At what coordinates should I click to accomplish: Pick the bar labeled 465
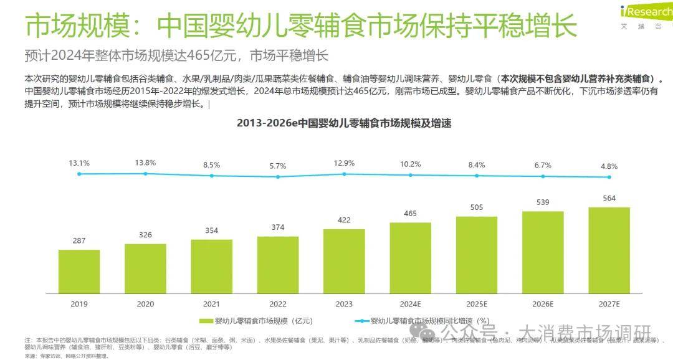[x=410, y=257]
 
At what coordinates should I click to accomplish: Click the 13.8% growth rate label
[x=145, y=163]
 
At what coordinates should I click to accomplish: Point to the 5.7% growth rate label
[x=278, y=166]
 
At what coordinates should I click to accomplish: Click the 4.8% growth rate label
[x=609, y=166]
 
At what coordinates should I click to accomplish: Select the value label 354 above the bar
[x=212, y=230]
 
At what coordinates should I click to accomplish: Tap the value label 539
[x=543, y=202]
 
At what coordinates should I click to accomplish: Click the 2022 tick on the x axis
[x=278, y=304]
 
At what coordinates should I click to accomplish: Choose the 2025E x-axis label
[x=477, y=304]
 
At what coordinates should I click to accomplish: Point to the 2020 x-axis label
[x=145, y=304]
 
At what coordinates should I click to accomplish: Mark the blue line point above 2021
[x=212, y=176]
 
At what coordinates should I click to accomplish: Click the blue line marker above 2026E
[x=543, y=176]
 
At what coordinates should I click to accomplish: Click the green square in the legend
[x=203, y=321]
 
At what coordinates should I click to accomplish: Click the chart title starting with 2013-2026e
[x=343, y=123]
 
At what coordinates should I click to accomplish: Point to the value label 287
[x=79, y=240]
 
